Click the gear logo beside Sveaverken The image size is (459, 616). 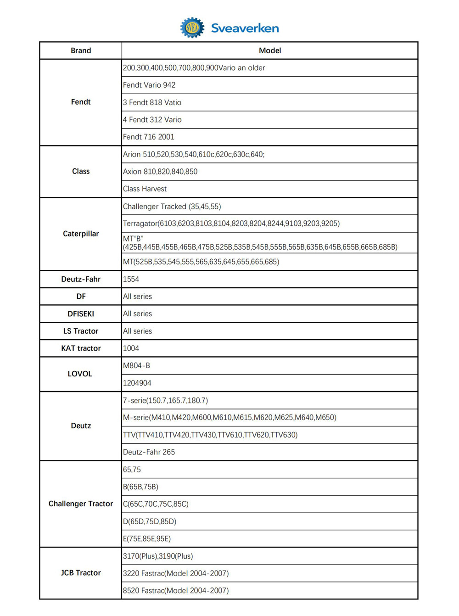pos(192,28)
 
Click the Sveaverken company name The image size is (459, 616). pos(245,28)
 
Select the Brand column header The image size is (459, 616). pos(81,50)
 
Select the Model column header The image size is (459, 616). pos(270,50)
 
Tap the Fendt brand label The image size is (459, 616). pos(81,102)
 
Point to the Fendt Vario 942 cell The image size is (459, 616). pos(149,85)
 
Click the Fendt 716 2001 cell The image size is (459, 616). pos(149,137)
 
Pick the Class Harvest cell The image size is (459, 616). pos(145,189)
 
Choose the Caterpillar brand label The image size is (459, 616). pos(81,234)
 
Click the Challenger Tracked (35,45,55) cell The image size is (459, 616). pos(172,207)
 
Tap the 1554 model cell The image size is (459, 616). pos(131,279)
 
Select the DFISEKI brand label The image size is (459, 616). pos(81,314)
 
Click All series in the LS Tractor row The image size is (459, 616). pos(137,331)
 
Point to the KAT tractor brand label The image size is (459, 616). pos(81,348)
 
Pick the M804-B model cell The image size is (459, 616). pos(136,366)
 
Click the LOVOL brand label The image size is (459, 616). pos(80,374)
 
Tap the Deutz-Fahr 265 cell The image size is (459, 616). pos(149,452)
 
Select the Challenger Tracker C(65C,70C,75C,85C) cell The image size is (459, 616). pos(156,504)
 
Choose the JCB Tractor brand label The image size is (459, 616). pos(81,573)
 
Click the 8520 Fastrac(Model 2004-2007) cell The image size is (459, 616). pos(176,591)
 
